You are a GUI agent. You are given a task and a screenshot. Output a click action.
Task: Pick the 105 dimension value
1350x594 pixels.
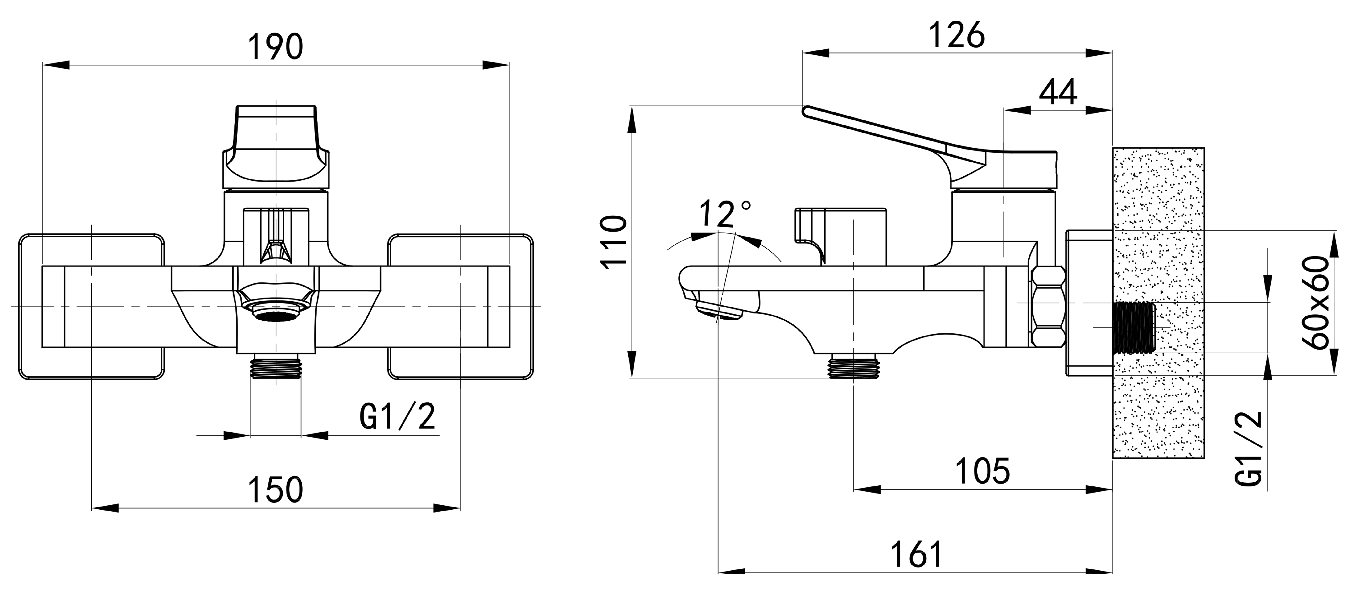click(983, 471)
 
